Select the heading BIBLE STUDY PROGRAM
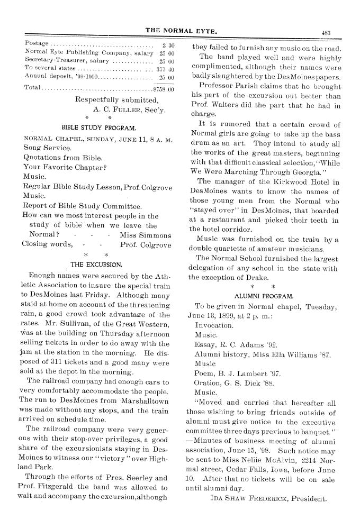point(100,127)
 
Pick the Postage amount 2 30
point(167,43)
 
